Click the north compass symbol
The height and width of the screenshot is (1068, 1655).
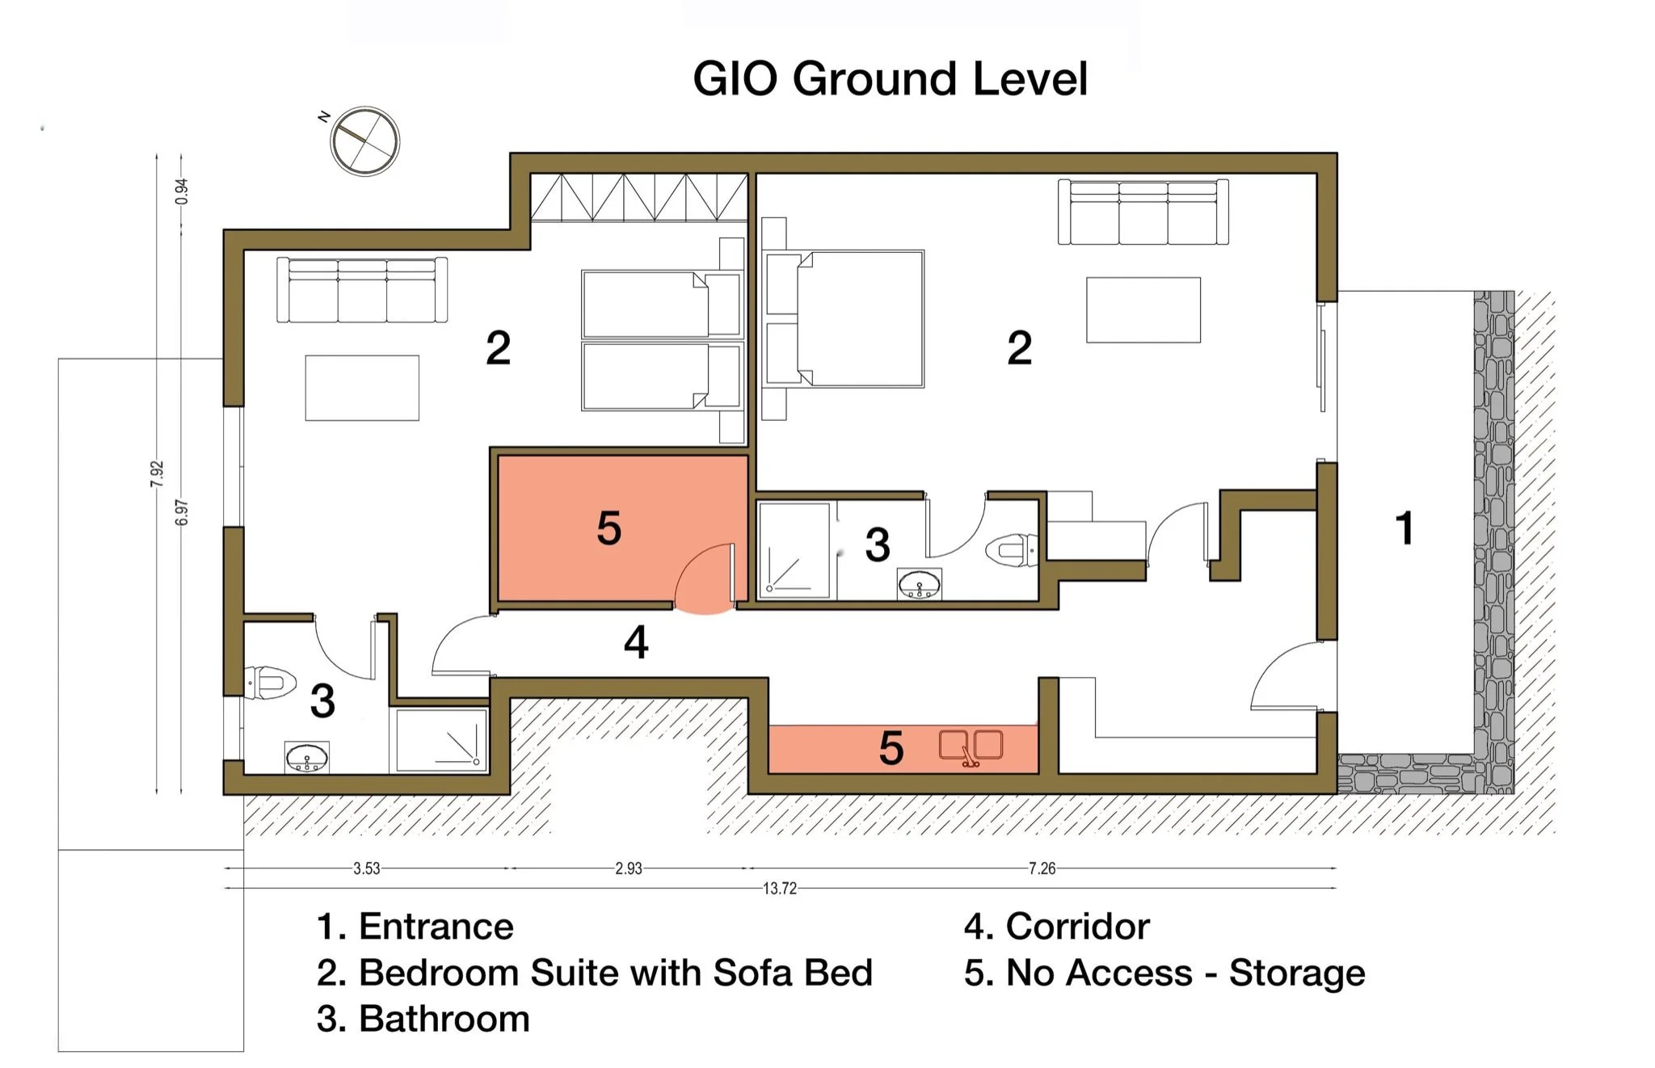[x=365, y=141]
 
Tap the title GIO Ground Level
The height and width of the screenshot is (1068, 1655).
[x=891, y=79]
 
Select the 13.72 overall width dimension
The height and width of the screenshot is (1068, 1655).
[x=780, y=889]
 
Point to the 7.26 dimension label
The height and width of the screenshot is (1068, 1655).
[x=1042, y=868]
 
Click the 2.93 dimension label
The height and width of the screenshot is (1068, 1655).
[x=628, y=868]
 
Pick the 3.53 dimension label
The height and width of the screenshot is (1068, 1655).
[x=366, y=868]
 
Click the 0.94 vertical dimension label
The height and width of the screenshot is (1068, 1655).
[x=182, y=191]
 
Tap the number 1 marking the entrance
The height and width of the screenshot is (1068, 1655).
[x=1404, y=528]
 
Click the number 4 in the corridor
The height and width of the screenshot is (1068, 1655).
[x=636, y=643]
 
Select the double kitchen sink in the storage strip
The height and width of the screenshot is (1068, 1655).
[x=971, y=747]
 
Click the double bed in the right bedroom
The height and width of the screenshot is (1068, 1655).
[x=844, y=318]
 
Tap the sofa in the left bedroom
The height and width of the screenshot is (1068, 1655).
[x=362, y=290]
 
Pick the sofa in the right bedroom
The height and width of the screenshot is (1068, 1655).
[x=1143, y=212]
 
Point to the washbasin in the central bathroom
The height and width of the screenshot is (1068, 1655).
[x=920, y=583]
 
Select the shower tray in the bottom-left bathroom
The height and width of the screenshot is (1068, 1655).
[x=439, y=740]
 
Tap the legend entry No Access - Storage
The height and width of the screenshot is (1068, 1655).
[x=1164, y=973]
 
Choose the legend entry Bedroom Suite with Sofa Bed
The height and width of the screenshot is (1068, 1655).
[x=595, y=973]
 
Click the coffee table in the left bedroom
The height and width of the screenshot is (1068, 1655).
[x=362, y=388]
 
